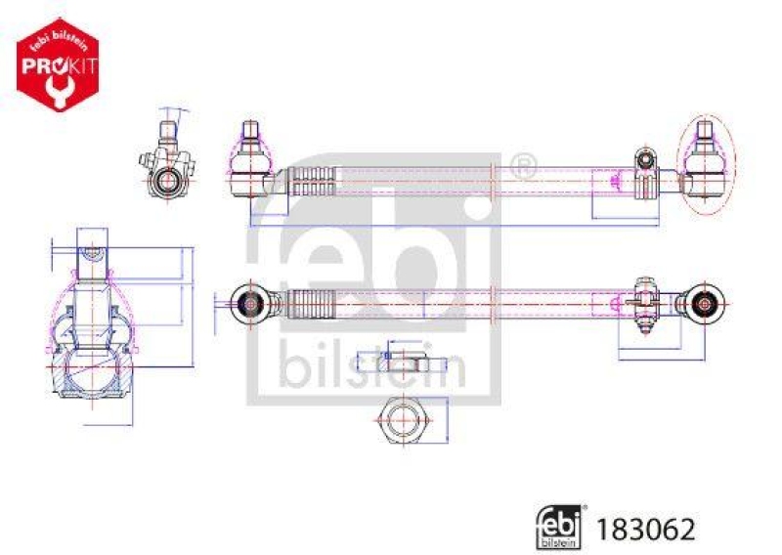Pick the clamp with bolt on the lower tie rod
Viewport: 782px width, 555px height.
(644, 298)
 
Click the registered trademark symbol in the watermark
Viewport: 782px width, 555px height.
(524, 167)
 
